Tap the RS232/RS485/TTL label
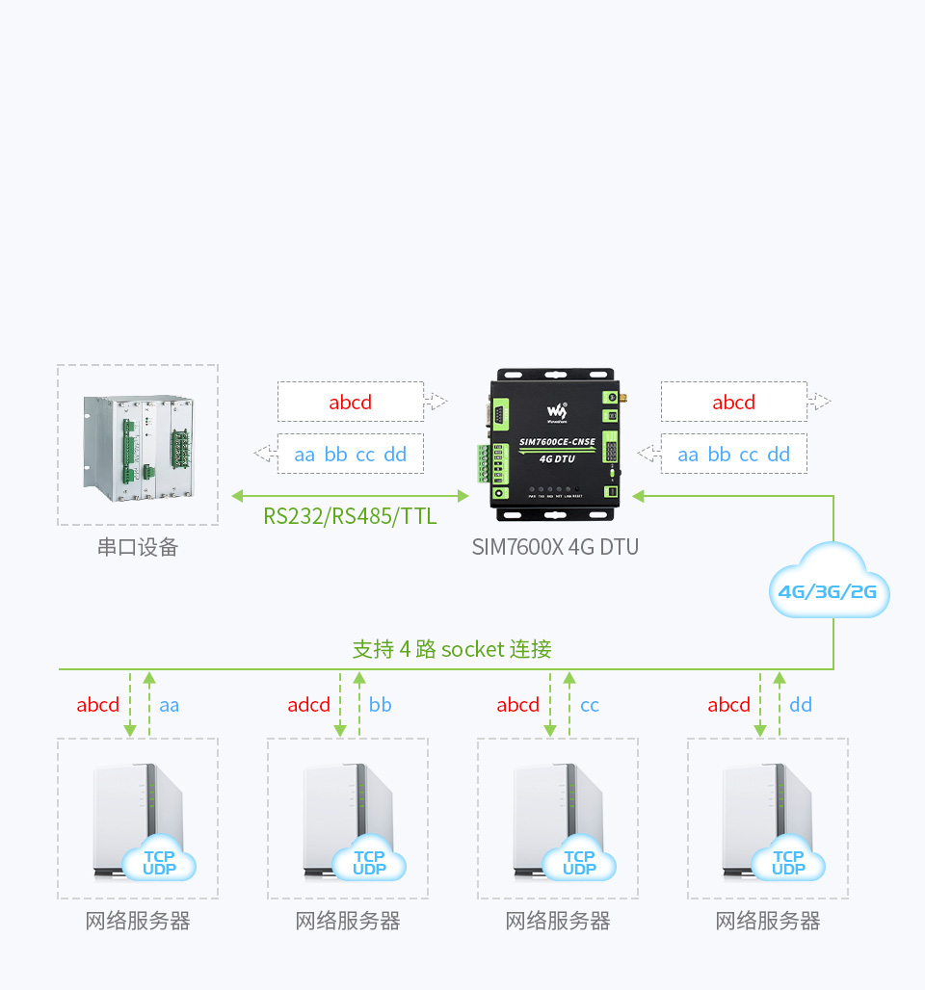coord(350,516)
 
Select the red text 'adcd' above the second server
coord(308,705)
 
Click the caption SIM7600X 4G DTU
coord(555,547)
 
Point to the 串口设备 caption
coord(138,547)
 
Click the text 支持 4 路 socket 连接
coord(452,649)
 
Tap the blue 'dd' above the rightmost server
coord(801,705)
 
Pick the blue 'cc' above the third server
coord(590,705)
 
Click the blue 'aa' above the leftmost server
coord(170,705)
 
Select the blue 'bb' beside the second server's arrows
coord(381,705)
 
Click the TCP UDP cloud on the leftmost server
coord(159,862)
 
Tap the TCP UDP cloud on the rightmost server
coord(788,862)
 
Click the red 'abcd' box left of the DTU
coord(351,402)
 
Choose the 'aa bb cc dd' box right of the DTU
coord(734,455)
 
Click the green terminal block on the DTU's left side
coord(483,463)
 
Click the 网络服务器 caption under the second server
coord(348,922)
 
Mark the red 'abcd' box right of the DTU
coord(734,402)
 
